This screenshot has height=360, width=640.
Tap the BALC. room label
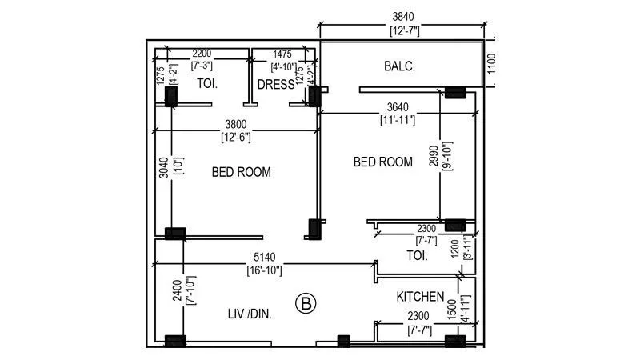click(400, 66)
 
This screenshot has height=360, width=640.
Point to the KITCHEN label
click(420, 297)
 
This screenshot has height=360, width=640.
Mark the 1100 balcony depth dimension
click(491, 63)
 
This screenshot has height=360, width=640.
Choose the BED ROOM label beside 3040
click(241, 172)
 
